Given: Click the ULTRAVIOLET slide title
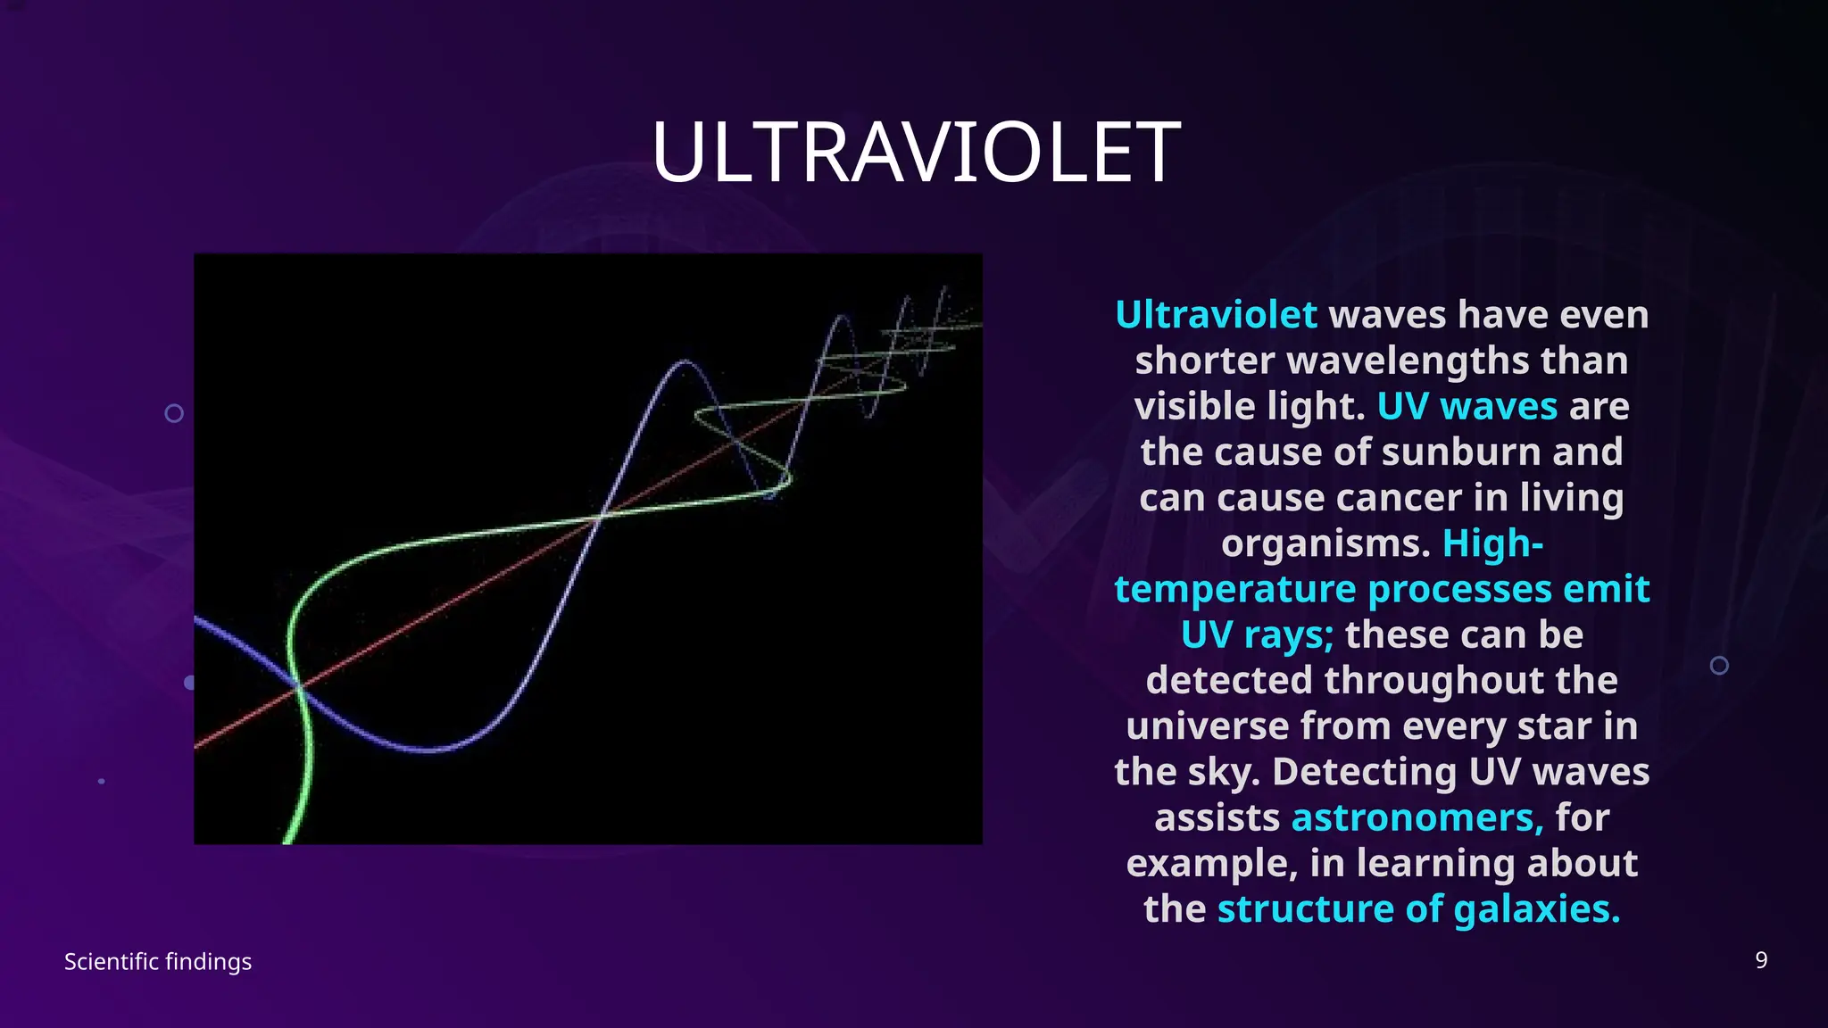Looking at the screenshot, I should coord(916,153).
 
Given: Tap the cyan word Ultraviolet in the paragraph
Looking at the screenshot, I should coord(1216,315).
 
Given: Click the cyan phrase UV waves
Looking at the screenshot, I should coord(1467,406).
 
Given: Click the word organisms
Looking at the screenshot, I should coord(1325,543).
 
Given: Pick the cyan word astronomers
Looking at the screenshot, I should coord(1417,817).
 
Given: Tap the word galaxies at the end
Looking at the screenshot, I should coord(1535,908).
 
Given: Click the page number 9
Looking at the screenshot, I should coord(1760,960).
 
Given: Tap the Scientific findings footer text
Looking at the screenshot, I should coord(158,961).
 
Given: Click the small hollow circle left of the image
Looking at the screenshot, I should coord(174,413).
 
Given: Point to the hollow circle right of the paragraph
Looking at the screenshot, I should coord(1718,666).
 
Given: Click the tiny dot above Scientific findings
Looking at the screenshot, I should coord(101,781).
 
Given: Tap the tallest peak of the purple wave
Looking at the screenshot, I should coord(685,361).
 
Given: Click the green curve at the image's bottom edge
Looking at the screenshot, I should coord(291,837).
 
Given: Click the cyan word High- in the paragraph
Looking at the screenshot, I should coord(1492,543).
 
